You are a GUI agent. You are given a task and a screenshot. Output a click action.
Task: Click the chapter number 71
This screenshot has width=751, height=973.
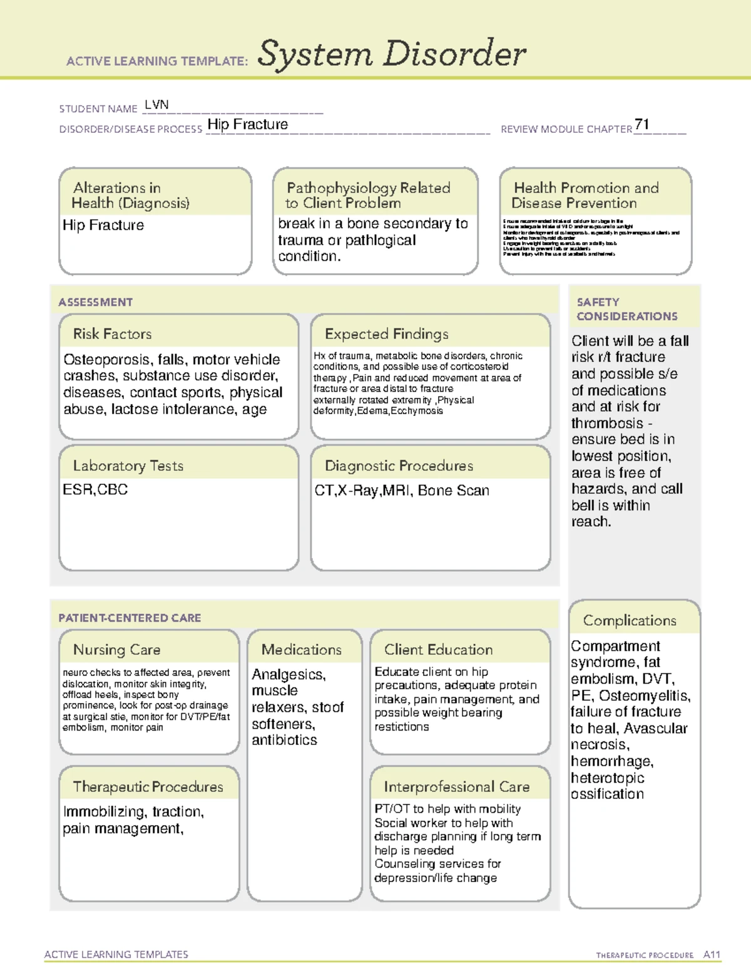point(641,124)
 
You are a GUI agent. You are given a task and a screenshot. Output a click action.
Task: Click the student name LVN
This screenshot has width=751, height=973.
point(156,105)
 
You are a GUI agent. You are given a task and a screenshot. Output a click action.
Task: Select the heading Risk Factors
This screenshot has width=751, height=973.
point(112,334)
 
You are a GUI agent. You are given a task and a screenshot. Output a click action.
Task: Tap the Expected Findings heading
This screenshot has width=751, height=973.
point(386,334)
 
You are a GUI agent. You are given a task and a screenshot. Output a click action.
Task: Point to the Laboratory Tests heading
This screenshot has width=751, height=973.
point(128,466)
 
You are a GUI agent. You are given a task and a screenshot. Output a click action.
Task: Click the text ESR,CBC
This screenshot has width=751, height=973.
point(95,489)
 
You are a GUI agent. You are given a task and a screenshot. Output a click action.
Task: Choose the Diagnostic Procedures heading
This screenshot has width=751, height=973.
point(399,466)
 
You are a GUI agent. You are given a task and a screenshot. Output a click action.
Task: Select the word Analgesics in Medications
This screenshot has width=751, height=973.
point(288,675)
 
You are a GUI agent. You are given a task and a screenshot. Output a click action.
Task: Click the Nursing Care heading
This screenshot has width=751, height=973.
point(116,650)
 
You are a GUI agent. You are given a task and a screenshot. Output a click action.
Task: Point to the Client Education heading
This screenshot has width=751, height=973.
point(438,650)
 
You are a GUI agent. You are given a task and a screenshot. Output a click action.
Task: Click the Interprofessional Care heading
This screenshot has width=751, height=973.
point(456,786)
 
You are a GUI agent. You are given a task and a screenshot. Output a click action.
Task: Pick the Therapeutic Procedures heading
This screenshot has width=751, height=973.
point(148,786)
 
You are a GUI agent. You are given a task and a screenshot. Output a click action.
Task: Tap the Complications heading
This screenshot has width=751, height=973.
point(630,620)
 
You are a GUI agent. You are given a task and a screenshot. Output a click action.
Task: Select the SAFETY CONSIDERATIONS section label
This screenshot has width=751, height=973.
point(626,309)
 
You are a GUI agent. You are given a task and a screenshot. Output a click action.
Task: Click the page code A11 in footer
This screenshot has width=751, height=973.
point(712,954)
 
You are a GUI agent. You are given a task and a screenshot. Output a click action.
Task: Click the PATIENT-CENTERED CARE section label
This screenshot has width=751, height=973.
point(130,618)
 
